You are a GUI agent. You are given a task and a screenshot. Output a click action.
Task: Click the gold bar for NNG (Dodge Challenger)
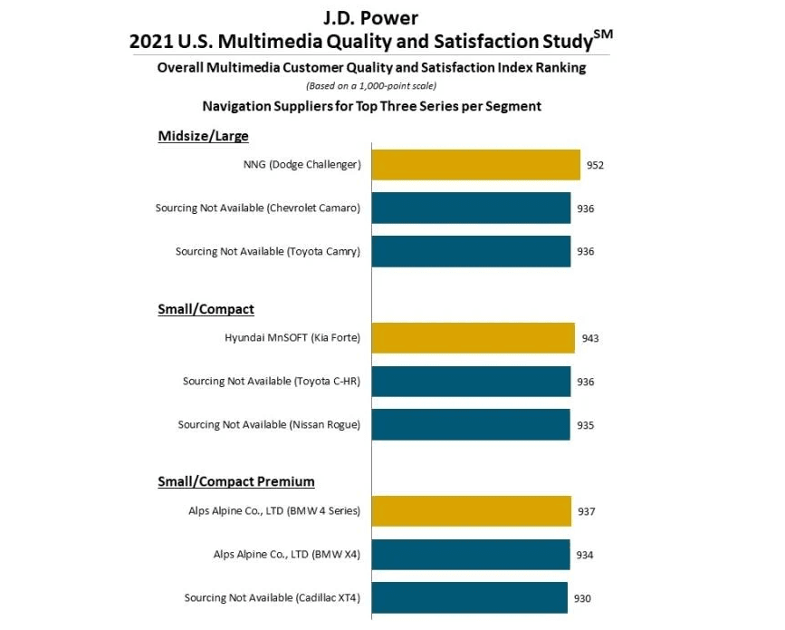click(475, 165)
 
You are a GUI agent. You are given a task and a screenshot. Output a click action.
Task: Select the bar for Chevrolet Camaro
click(471, 208)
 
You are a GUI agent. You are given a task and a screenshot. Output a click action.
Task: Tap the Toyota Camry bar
click(471, 251)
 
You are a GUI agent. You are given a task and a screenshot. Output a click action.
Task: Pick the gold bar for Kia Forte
click(473, 338)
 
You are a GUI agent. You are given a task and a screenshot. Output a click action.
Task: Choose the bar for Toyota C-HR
click(471, 382)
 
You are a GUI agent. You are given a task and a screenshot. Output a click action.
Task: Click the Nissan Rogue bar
click(471, 424)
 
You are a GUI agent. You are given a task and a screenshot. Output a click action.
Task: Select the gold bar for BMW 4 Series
click(471, 511)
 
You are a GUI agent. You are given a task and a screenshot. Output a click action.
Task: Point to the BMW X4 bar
click(471, 555)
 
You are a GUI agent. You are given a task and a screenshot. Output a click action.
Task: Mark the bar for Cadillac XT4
click(469, 597)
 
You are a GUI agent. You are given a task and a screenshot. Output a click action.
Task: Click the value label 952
click(594, 165)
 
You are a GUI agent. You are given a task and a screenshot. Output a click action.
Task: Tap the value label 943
click(590, 338)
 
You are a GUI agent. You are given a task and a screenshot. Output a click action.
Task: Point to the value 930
click(582, 598)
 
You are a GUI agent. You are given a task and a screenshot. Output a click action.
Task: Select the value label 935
click(585, 424)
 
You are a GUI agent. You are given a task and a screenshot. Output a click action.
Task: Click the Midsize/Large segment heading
click(203, 136)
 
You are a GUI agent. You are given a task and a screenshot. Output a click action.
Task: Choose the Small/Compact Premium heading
click(235, 481)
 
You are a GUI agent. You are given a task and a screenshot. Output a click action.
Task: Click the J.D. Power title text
click(371, 17)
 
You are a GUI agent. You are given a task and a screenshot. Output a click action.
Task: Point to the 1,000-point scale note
click(371, 86)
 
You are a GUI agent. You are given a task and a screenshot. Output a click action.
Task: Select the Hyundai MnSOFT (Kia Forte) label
click(292, 338)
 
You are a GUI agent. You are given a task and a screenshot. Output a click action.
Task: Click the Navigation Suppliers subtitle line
click(371, 106)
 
